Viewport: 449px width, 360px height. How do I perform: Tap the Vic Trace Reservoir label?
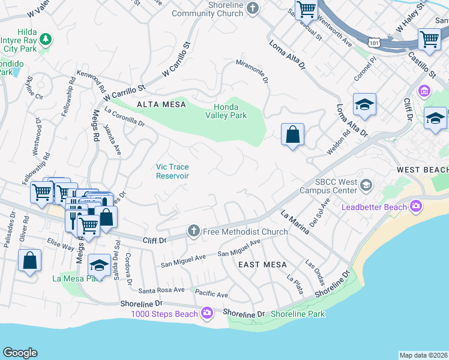point(173,172)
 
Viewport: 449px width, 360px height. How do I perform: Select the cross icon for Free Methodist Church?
point(193,230)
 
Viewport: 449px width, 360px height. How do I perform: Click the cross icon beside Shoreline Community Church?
point(253,8)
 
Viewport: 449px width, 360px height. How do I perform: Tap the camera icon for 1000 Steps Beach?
point(207,313)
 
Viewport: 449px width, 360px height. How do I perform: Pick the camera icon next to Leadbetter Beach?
point(415,208)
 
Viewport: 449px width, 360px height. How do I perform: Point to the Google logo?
point(20,353)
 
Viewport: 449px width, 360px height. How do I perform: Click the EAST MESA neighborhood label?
point(262,265)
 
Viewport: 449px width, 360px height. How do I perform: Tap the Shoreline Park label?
point(298,314)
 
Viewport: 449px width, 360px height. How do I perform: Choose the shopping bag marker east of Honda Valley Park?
point(292,134)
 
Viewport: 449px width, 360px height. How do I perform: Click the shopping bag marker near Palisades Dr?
point(29,262)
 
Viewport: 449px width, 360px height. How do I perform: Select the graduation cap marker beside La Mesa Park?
point(99,265)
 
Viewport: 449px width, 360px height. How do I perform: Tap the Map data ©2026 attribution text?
point(424,355)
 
